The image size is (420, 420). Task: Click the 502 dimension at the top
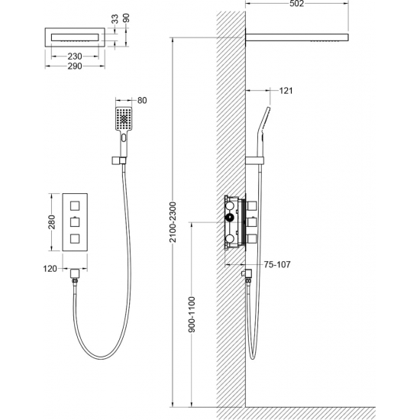[x=296, y=4]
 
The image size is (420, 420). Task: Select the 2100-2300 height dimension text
[x=173, y=222]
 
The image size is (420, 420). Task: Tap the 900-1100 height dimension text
[x=192, y=315]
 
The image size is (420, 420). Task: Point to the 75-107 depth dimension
[x=277, y=265]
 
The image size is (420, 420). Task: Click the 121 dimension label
[x=286, y=91]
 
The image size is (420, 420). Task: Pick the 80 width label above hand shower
[x=142, y=101]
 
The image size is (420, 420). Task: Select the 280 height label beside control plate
[x=51, y=222]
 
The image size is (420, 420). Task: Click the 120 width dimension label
[x=50, y=268]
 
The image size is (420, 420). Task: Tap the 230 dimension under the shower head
[x=75, y=57]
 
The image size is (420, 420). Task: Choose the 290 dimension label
[x=75, y=66]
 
